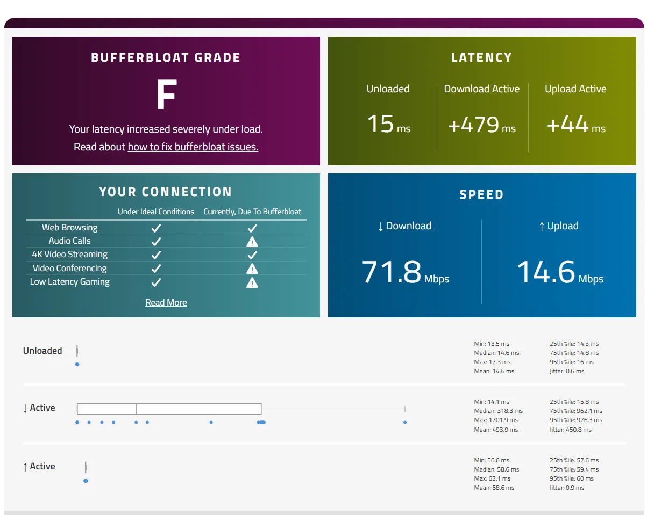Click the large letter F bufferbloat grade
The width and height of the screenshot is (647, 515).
point(166,95)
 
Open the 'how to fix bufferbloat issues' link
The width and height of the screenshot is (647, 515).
point(193,147)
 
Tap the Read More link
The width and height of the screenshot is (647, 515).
point(166,302)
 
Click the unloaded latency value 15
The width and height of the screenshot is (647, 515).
point(381,124)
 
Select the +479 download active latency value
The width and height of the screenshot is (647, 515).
point(474,125)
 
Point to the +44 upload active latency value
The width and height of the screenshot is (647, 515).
point(567,124)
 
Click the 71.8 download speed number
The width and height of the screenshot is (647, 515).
point(392,272)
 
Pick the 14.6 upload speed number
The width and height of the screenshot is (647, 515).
point(546,272)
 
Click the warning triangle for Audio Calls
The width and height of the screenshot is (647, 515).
point(252,242)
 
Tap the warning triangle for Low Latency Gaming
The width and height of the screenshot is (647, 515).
point(252,282)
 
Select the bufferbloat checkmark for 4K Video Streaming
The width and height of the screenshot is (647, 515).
point(252,255)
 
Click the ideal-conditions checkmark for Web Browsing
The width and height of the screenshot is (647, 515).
point(156,228)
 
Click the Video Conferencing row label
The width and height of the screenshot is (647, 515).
point(69,268)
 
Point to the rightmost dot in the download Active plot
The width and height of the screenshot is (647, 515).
point(404,422)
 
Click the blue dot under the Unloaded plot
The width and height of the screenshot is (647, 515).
point(77,364)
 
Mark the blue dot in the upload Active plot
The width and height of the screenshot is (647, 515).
point(86,481)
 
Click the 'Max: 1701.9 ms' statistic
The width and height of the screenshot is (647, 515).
point(496,420)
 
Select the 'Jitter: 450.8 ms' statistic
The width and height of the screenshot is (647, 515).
point(570,430)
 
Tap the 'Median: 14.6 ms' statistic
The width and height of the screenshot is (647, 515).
point(496,353)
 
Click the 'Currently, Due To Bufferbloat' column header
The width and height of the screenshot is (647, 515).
point(252,212)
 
